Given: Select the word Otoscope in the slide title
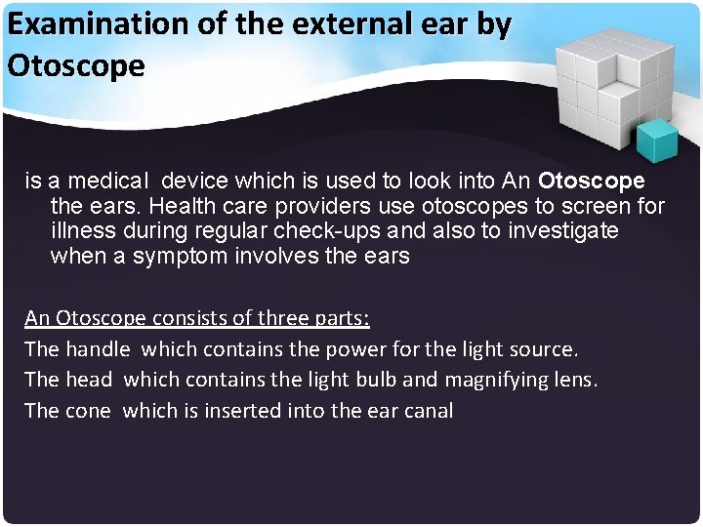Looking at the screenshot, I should pyautogui.click(x=76, y=65).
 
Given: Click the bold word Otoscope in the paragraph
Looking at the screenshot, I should pyautogui.click(x=592, y=182).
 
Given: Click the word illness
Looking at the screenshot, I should pyautogui.click(x=81, y=232).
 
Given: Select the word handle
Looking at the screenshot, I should pyautogui.click(x=98, y=348).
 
